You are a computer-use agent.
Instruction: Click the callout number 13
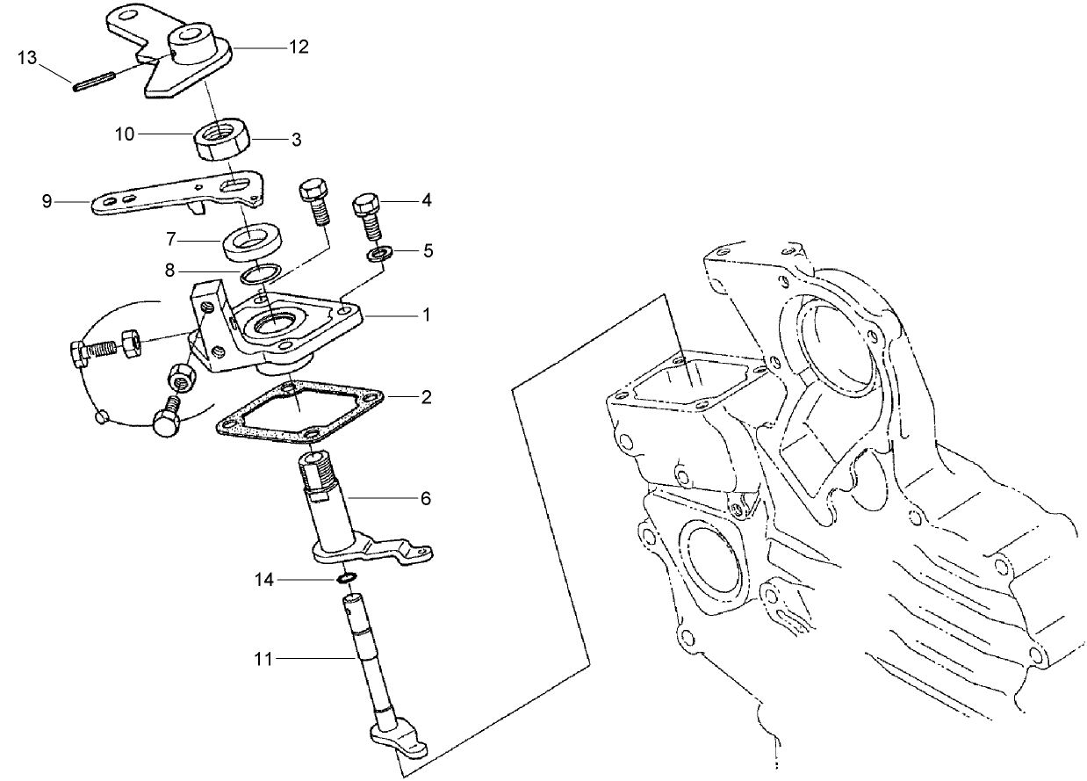click(x=27, y=58)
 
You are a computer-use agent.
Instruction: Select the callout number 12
click(x=299, y=47)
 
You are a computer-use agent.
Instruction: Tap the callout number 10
click(x=124, y=134)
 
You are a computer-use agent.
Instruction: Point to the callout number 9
click(x=47, y=201)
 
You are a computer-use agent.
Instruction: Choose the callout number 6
click(x=426, y=498)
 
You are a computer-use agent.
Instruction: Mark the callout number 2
click(x=426, y=397)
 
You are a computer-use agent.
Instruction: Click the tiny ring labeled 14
click(x=346, y=579)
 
